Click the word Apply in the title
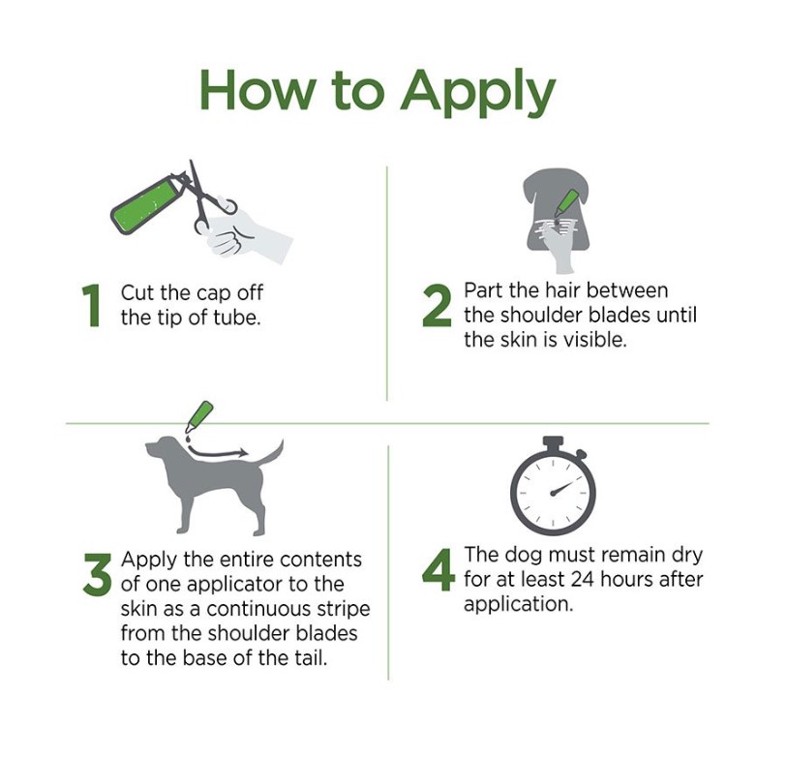coord(478,94)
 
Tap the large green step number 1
coord(92,305)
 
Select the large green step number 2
coord(437,305)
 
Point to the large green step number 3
coord(97,574)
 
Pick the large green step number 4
coord(438,569)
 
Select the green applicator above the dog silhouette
coord(198,417)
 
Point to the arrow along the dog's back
coord(217,453)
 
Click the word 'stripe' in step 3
coord(344,610)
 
